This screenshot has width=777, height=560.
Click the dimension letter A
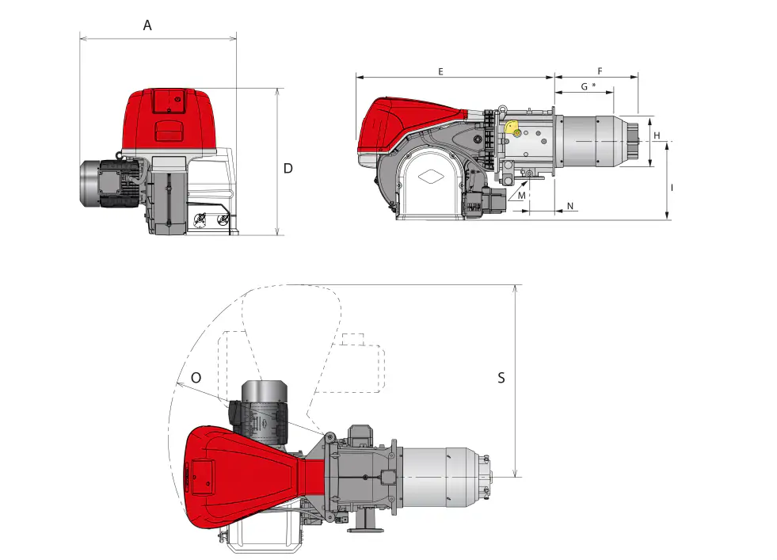(147, 25)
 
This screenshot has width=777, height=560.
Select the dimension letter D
(288, 168)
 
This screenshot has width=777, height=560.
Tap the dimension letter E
(440, 71)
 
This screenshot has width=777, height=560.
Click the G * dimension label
(588, 86)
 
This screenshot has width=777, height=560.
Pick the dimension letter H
(657, 136)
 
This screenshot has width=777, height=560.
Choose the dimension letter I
(672, 188)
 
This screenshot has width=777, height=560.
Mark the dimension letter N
(571, 207)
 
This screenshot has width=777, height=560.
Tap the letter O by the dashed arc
(196, 379)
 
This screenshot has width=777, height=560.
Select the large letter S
(501, 378)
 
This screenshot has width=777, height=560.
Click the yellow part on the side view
(512, 128)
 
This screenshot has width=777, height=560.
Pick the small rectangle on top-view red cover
(203, 476)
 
